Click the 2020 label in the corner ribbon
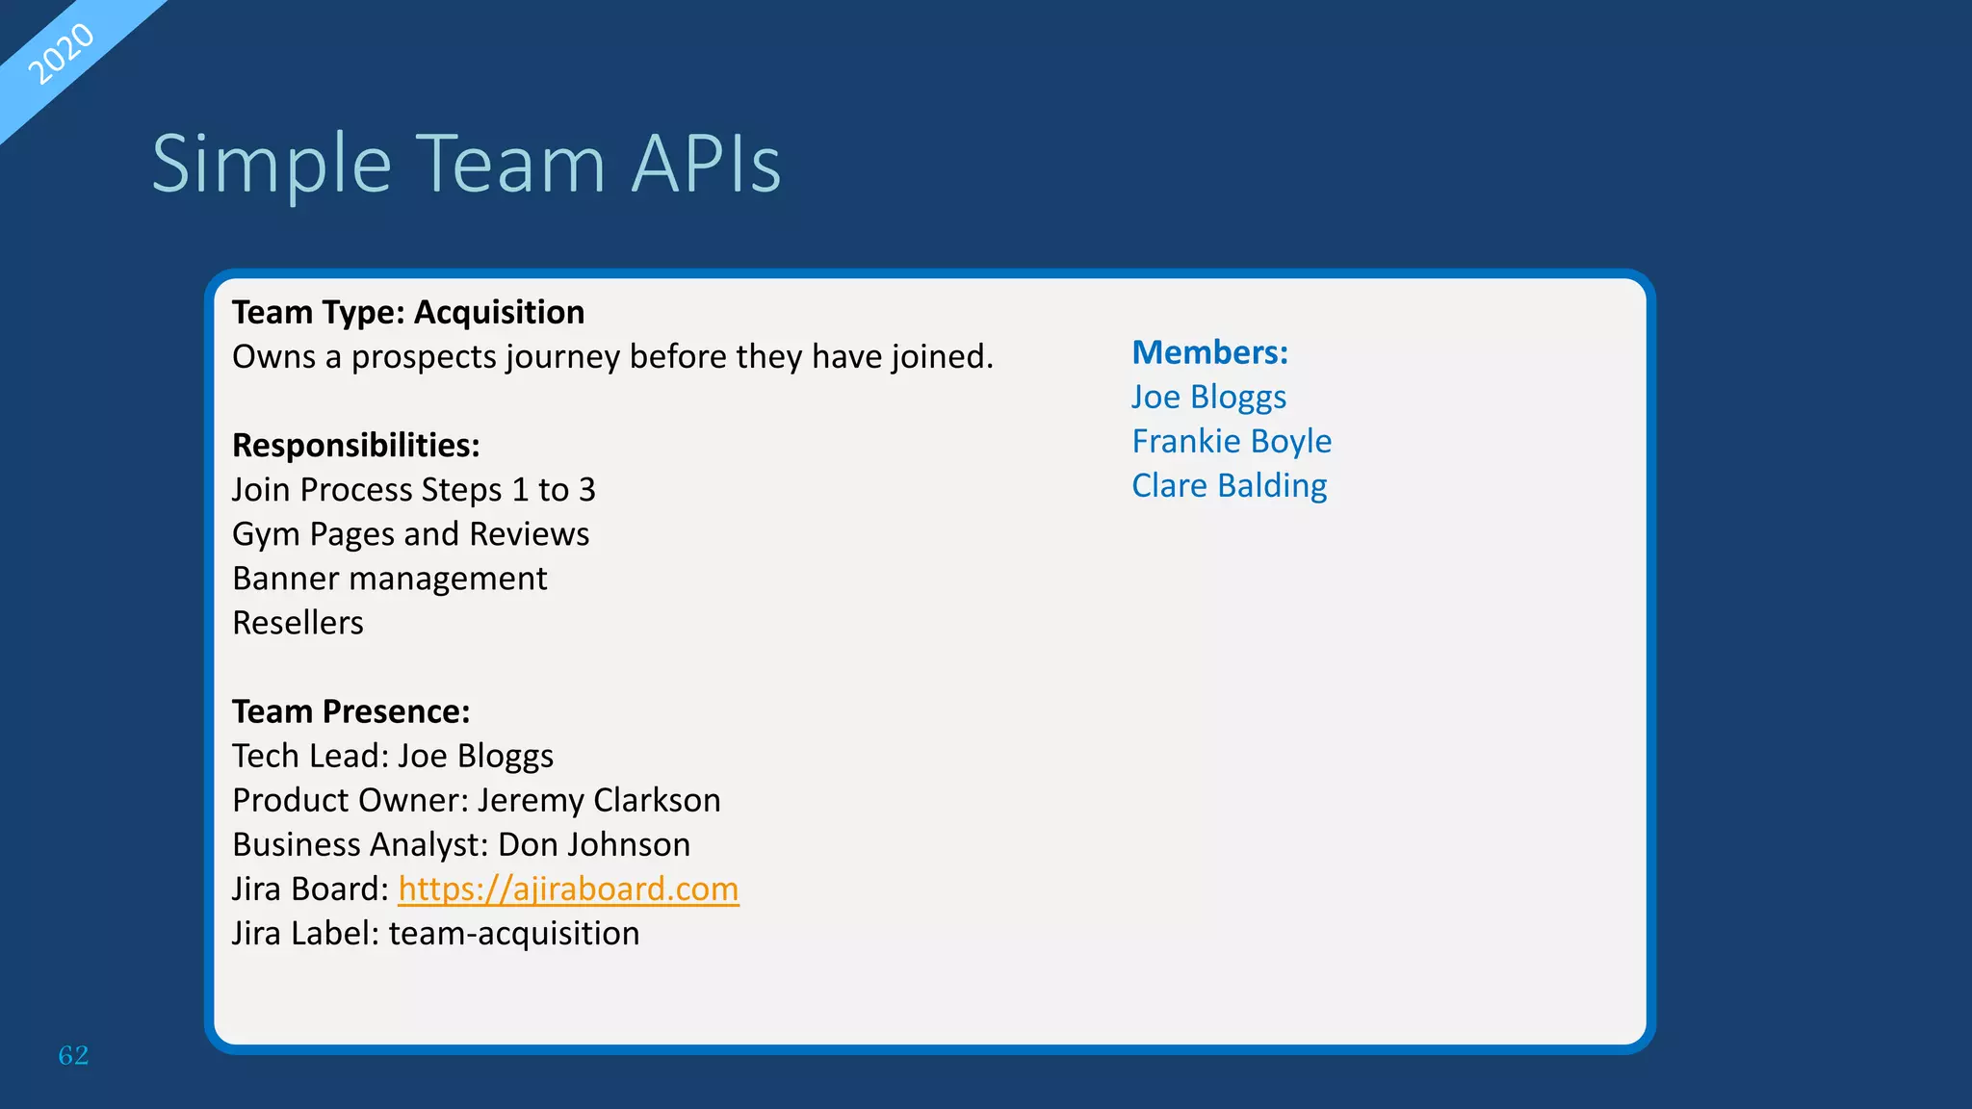pyautogui.click(x=60, y=54)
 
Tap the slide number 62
pyautogui.click(x=73, y=1055)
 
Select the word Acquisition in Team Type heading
pyautogui.click(x=499, y=313)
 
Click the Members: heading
pyautogui.click(x=1209, y=352)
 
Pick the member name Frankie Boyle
pyautogui.click(x=1232, y=441)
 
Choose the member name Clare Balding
pyautogui.click(x=1229, y=485)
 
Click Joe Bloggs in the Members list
pyautogui.click(x=1208, y=397)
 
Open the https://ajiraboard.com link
pyautogui.click(x=568, y=889)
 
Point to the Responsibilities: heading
pyautogui.click(x=355, y=446)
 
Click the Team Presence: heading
pyautogui.click(x=350, y=711)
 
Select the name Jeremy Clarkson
pyautogui.click(x=599, y=800)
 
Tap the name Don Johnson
pyautogui.click(x=593, y=844)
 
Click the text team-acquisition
pyautogui.click(x=514, y=933)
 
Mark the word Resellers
pyautogui.click(x=298, y=623)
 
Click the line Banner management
pyautogui.click(x=389, y=579)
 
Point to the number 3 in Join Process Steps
pyautogui.click(x=586, y=490)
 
